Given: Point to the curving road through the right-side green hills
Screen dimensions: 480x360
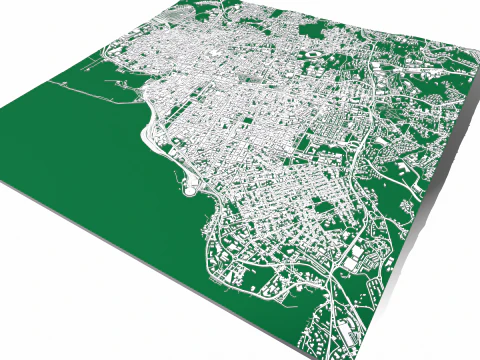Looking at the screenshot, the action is point(410,180).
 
